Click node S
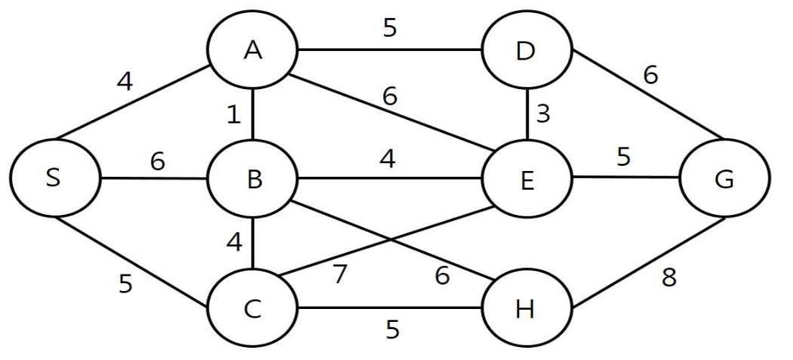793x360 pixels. pyautogui.click(x=54, y=178)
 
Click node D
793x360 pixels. pyautogui.click(x=527, y=50)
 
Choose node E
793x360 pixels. pyautogui.click(x=527, y=178)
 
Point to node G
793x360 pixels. pyautogui.click(x=725, y=178)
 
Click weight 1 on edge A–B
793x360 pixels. pyautogui.click(x=233, y=115)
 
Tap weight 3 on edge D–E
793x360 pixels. pyautogui.click(x=543, y=114)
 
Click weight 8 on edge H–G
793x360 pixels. pyautogui.click(x=669, y=277)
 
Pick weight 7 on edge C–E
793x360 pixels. pyautogui.click(x=340, y=274)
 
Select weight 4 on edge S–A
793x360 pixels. pyautogui.click(x=124, y=81)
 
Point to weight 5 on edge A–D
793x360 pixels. pyautogui.click(x=390, y=28)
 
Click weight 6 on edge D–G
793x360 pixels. pyautogui.click(x=651, y=75)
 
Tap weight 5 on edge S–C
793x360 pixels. pyautogui.click(x=125, y=284)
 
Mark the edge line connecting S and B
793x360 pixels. pyautogui.click(x=153, y=178)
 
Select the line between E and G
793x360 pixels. pyautogui.click(x=626, y=177)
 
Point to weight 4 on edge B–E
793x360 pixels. pyautogui.click(x=388, y=159)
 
